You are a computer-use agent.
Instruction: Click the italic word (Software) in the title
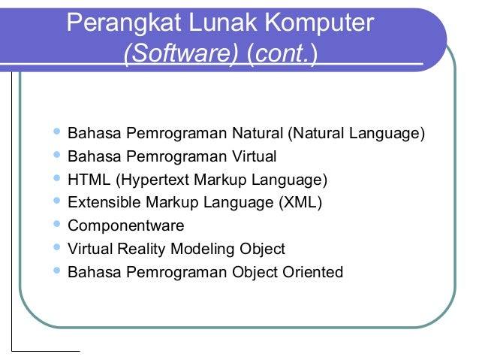tap(181, 56)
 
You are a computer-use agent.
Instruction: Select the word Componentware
tap(126, 225)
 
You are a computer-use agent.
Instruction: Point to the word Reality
tap(143, 249)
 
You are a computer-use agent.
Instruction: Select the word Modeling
tap(203, 249)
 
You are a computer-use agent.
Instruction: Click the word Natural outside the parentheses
tap(256, 134)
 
